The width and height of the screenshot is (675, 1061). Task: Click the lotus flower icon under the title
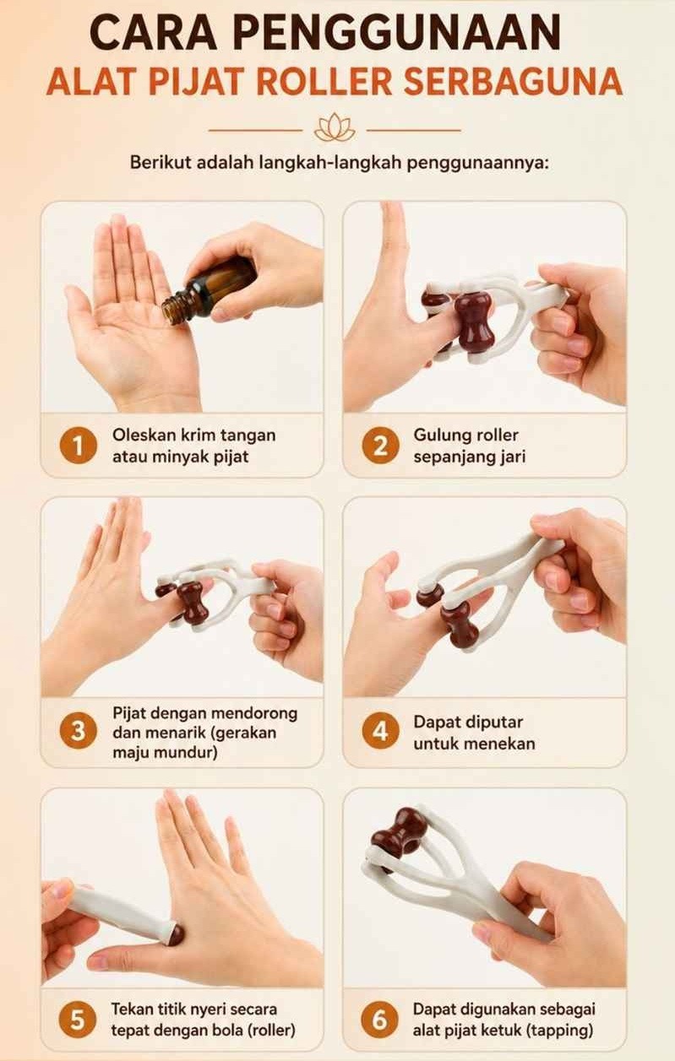335,127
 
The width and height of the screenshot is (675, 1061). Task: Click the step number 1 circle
79,447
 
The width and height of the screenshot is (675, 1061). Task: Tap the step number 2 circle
380,447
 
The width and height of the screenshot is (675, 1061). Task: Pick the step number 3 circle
79,731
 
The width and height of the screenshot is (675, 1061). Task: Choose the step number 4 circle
380,731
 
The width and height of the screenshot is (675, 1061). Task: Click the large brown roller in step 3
192,603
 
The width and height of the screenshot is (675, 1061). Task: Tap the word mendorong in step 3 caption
255,713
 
